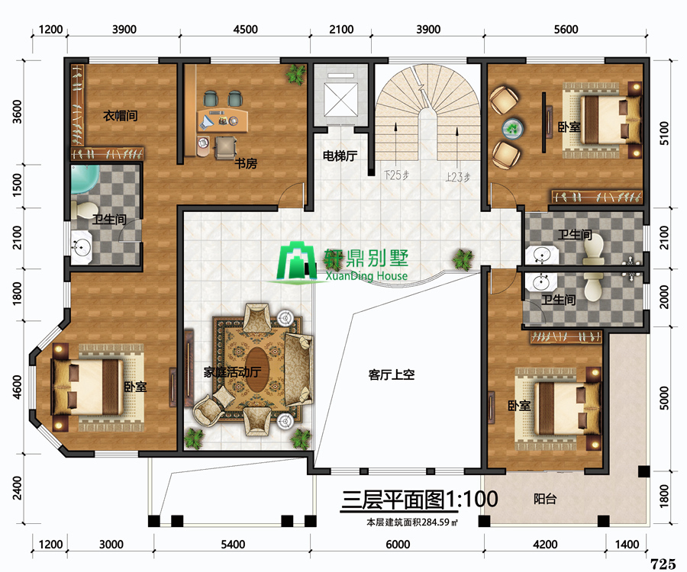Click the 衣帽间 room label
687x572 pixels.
click(121, 115)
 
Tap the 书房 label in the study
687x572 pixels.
click(246, 163)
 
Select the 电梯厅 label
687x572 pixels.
click(340, 156)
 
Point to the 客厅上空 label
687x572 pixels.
click(392, 374)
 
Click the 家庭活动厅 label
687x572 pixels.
click(232, 372)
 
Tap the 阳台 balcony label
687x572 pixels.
click(545, 499)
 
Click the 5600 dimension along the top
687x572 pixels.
click(566, 29)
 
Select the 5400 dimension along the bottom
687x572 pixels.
click(233, 545)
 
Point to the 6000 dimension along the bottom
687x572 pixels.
click(398, 545)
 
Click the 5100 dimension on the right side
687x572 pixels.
click(664, 133)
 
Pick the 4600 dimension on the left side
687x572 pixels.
click(17, 387)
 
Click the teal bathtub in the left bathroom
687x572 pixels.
click(84, 179)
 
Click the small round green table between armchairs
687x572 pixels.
click(512, 128)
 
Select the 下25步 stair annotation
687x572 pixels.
click(396, 175)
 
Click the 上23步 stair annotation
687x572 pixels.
click(458, 177)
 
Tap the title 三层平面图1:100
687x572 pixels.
click(420, 500)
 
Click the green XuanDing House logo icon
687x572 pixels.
click(297, 262)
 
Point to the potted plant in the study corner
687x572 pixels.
click(296, 74)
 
